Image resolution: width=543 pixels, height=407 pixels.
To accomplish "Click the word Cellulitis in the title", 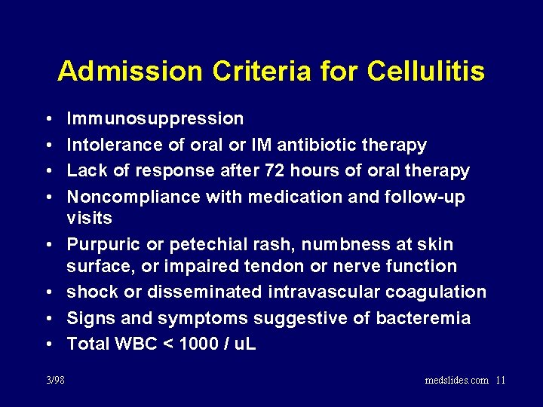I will tap(426, 71).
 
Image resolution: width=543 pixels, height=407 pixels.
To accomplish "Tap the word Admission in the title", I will tap(130, 71).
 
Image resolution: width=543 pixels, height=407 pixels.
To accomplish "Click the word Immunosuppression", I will tap(155, 119).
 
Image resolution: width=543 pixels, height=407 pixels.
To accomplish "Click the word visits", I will tap(89, 218).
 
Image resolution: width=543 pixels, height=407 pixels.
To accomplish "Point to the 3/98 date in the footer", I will tap(55, 380).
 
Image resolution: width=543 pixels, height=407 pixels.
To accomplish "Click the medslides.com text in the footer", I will tap(457, 380).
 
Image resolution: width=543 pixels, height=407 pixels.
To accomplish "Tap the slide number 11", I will tap(501, 380).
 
